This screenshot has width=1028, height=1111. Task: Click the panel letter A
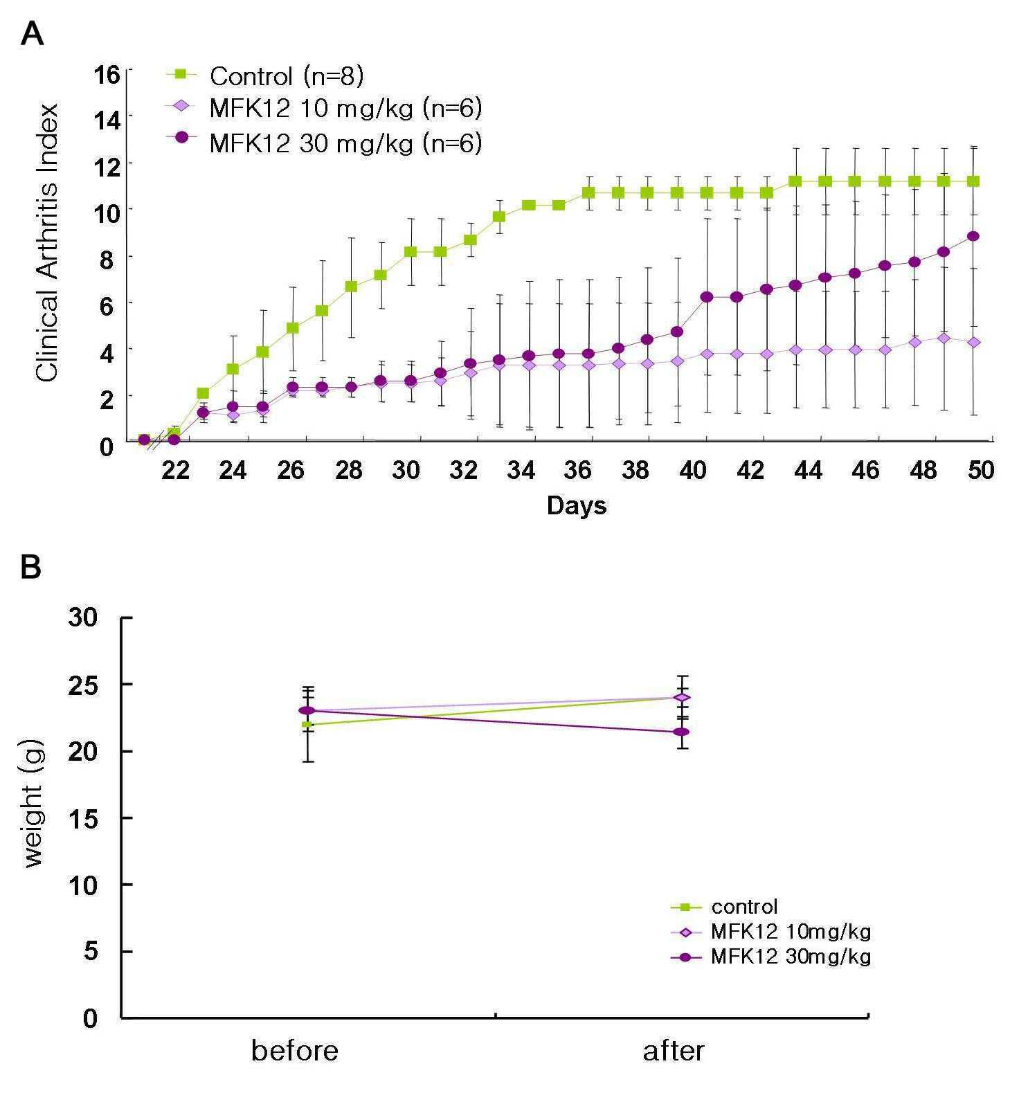[x=33, y=33]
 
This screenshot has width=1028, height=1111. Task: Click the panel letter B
[x=31, y=567]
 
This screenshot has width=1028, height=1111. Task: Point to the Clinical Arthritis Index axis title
[x=47, y=242]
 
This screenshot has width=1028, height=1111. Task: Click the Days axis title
[x=577, y=505]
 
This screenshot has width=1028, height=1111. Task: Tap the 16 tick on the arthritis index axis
[x=107, y=75]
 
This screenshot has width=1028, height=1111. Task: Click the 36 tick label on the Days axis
[x=578, y=471]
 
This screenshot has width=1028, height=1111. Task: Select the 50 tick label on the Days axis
[x=981, y=471]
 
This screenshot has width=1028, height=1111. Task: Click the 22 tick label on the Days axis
[x=175, y=471]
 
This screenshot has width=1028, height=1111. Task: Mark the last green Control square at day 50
[x=973, y=181]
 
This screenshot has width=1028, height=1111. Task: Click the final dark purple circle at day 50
[x=973, y=236]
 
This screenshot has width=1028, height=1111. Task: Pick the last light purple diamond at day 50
[x=973, y=343]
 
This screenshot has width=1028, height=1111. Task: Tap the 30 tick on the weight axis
[x=84, y=617]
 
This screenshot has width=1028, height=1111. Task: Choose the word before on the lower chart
[x=294, y=1051]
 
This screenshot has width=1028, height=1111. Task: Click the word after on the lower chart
[x=674, y=1051]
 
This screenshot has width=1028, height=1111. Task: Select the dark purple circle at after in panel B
[x=681, y=732]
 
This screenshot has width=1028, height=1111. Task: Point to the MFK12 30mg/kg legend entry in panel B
[x=770, y=957]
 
